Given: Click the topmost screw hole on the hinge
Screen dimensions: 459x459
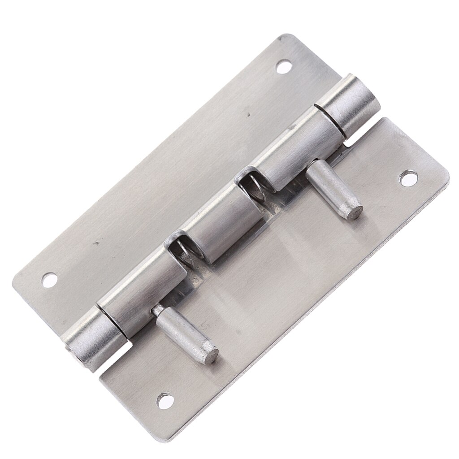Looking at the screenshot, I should (282, 68).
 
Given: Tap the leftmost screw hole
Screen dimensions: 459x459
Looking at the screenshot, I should (49, 280).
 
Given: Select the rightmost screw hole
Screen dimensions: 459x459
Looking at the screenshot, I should (407, 178).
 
